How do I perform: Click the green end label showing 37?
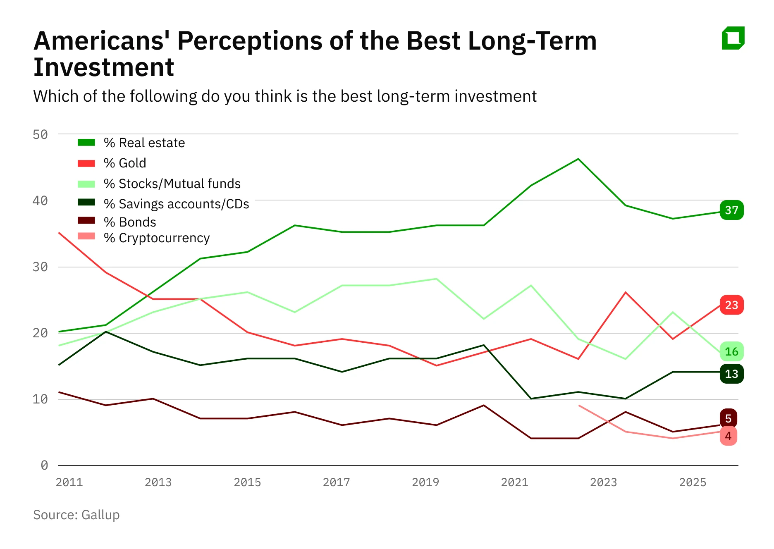[x=731, y=210]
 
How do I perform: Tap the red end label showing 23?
[x=731, y=305]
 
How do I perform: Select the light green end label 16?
[x=731, y=352]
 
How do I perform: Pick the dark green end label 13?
[x=731, y=374]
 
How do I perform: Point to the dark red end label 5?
[x=728, y=418]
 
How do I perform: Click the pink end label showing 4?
[x=728, y=436]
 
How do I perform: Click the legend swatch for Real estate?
[x=86, y=143]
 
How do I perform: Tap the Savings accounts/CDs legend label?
[x=176, y=204]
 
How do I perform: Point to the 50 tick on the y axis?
[x=40, y=134]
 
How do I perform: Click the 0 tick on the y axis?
[x=44, y=465]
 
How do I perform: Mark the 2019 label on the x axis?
[x=425, y=482]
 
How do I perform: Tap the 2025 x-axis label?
[x=693, y=482]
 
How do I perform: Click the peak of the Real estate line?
[x=578, y=159]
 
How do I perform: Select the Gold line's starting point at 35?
[x=60, y=233]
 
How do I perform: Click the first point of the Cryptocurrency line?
[x=579, y=406]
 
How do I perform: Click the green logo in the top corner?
[x=733, y=38]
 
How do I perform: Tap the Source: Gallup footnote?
[x=76, y=515]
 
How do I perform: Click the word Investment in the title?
[x=104, y=67]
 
